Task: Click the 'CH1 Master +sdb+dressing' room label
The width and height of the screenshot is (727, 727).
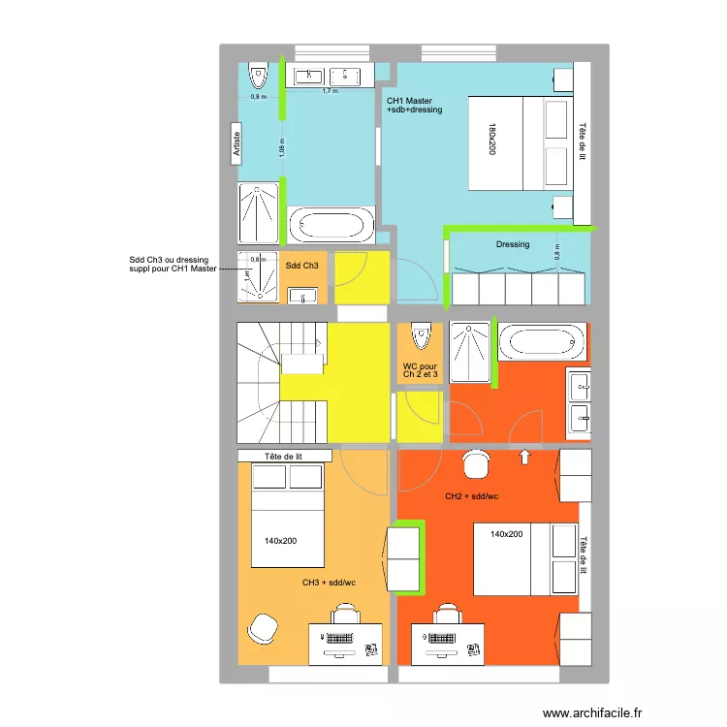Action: point(414,106)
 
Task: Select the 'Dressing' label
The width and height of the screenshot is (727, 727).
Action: point(513,244)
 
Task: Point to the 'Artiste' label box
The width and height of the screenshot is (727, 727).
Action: point(236,145)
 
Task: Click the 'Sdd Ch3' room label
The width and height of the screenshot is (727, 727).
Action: point(301,266)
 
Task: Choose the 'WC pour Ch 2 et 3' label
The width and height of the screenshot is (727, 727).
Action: point(421,370)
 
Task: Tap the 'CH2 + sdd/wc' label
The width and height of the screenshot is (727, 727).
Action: point(472,496)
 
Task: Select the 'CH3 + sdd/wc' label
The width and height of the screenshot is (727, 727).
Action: point(329,583)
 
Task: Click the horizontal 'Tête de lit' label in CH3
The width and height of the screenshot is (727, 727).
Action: point(284,456)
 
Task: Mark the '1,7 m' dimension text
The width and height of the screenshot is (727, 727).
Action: point(330,91)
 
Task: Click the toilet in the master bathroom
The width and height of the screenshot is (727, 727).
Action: point(258,75)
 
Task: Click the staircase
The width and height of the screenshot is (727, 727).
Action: point(281,383)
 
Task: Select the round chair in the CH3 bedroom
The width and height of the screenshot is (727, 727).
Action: point(262,627)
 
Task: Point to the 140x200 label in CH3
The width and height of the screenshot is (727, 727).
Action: point(280,541)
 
